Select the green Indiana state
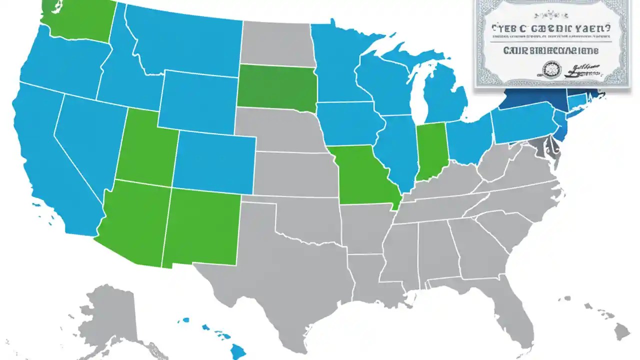[x=431, y=150]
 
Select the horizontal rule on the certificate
[x=550, y=43]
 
